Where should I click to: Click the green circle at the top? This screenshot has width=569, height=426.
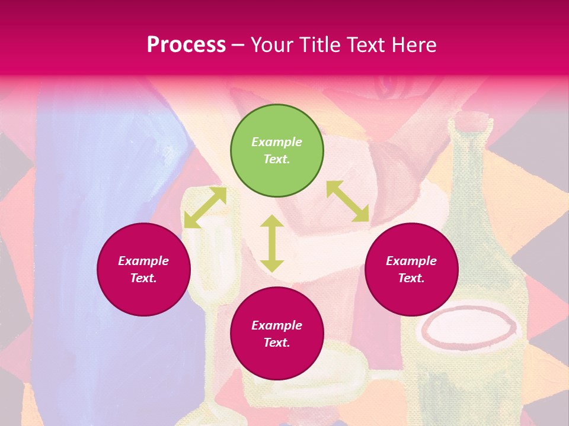[277, 151]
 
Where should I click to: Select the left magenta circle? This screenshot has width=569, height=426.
[143, 269]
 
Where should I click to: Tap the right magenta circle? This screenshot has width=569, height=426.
[411, 269]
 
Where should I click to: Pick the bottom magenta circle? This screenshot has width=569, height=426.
[277, 334]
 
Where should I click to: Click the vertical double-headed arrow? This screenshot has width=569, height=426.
[272, 243]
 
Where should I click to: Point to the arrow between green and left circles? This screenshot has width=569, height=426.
[205, 208]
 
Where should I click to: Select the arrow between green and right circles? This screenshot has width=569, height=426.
[347, 201]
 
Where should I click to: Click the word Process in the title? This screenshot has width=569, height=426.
[186, 44]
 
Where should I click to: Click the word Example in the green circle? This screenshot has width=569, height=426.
[277, 142]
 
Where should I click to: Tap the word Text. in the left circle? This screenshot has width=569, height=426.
[143, 278]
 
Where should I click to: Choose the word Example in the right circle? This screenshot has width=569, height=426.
[411, 261]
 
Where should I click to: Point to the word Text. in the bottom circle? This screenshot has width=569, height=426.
[277, 343]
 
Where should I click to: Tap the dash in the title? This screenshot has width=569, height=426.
[238, 44]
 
